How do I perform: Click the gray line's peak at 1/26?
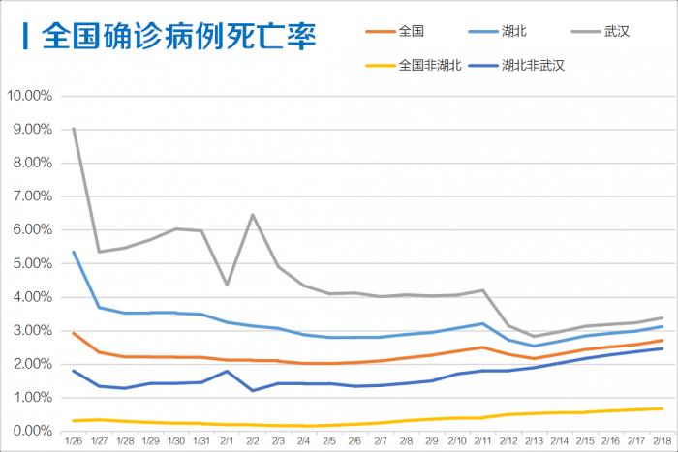point(74,128)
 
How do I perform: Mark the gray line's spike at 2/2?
point(253,215)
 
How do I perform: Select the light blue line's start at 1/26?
point(74,252)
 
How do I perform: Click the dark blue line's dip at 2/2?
point(253,390)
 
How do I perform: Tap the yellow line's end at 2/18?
point(662,408)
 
